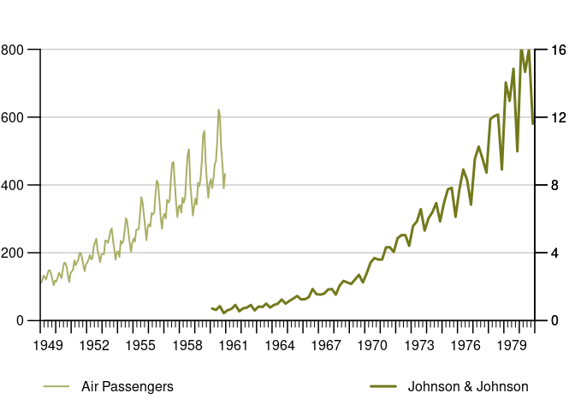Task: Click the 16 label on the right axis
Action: [556, 50]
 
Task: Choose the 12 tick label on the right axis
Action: [556, 117]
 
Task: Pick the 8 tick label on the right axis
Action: [553, 185]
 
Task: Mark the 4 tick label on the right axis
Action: [553, 253]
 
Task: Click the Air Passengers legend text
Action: [127, 387]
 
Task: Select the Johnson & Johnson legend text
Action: [468, 387]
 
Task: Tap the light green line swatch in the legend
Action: [56, 387]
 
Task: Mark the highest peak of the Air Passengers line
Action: [218, 110]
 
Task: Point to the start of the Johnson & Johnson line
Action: [211, 308]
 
